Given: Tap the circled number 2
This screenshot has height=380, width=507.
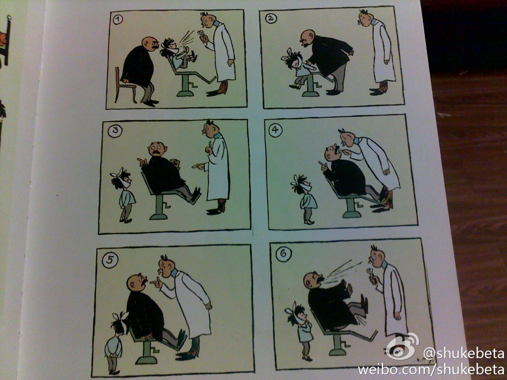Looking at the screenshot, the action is click(x=271, y=18).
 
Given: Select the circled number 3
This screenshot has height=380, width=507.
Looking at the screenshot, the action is click(x=115, y=131).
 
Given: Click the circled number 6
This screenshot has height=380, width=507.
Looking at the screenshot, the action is click(x=283, y=254).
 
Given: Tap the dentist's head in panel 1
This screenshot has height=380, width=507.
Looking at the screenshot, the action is click(x=208, y=20).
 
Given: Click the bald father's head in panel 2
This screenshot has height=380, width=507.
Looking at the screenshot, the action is click(x=308, y=38).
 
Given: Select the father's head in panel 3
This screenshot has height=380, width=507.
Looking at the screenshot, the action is click(x=157, y=149).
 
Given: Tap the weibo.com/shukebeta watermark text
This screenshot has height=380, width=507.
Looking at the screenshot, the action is click(x=431, y=370).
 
